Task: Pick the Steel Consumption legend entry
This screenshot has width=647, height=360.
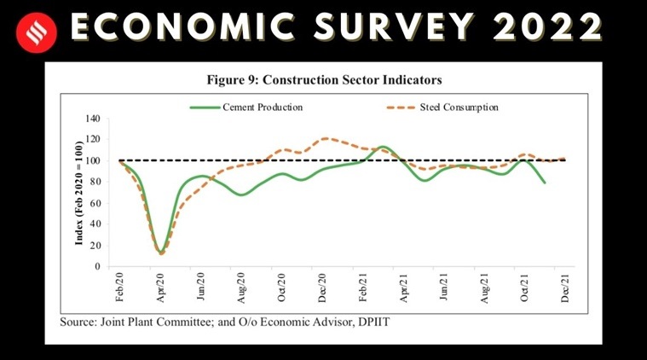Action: tap(459, 107)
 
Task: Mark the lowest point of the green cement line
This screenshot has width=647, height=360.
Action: tap(160, 253)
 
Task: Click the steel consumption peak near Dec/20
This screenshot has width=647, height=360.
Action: tap(325, 138)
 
